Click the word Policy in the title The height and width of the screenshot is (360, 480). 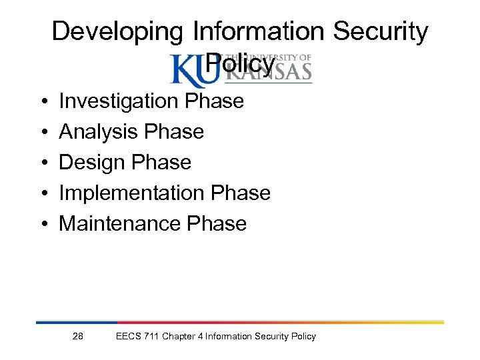click(x=240, y=64)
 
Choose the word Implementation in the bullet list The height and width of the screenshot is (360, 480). click(x=132, y=193)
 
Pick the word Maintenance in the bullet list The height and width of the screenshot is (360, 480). click(x=121, y=223)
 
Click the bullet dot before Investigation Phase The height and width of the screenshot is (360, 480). click(x=42, y=102)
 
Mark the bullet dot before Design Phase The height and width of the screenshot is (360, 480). click(x=42, y=163)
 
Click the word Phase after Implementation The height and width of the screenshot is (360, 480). click(x=241, y=193)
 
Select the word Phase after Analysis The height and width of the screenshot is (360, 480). click(x=175, y=132)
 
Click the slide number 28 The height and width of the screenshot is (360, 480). click(x=78, y=336)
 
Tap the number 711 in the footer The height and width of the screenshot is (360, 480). click(x=151, y=336)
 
